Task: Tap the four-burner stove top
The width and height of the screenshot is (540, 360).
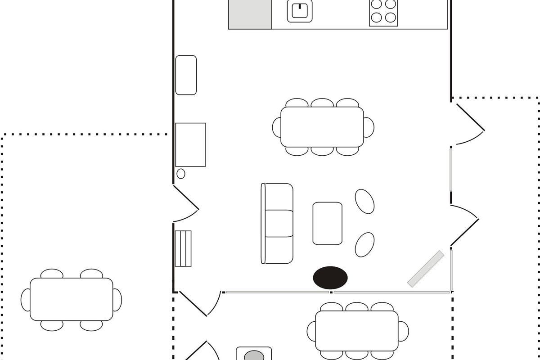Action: coord(383,12)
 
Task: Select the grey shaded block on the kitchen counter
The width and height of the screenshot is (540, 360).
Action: coord(250,14)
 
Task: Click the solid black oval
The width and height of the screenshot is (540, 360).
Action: coord(330,277)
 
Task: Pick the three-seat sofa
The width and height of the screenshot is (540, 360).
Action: coord(277,223)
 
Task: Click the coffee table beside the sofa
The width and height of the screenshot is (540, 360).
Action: coord(327,223)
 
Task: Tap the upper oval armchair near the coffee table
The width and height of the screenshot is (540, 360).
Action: coord(364,201)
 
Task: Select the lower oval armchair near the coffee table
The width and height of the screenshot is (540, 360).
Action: coord(364,244)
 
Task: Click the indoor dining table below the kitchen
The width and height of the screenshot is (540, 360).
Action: coord(322,127)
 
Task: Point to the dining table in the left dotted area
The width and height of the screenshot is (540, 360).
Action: coord(72,299)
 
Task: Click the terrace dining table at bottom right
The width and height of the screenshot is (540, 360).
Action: coord(357,331)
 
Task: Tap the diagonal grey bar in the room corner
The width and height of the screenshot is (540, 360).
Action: coord(426,269)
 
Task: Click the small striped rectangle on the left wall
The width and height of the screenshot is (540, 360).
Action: coord(183,249)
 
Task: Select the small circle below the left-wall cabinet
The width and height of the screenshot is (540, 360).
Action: coord(181,174)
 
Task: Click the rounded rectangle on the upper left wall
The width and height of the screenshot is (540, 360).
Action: coord(186,75)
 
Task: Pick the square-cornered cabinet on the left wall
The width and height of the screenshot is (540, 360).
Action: coord(190,144)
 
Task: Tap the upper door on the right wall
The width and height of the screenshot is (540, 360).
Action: coord(469,124)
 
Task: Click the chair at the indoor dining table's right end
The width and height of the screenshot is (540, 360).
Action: coord(369,127)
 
